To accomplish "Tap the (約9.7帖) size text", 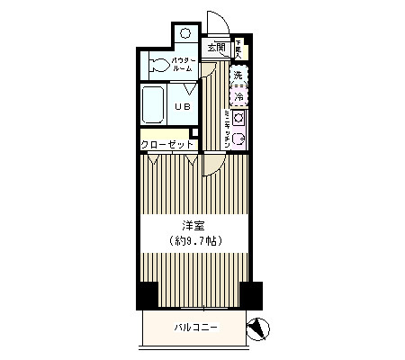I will click(195, 241).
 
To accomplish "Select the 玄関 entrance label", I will click(215, 47).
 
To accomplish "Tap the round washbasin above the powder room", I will click(184, 32).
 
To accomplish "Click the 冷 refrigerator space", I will click(239, 94).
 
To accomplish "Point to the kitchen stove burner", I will click(239, 118).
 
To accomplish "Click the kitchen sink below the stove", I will click(239, 137).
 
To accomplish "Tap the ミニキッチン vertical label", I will click(226, 126).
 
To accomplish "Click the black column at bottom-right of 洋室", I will click(251, 294).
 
